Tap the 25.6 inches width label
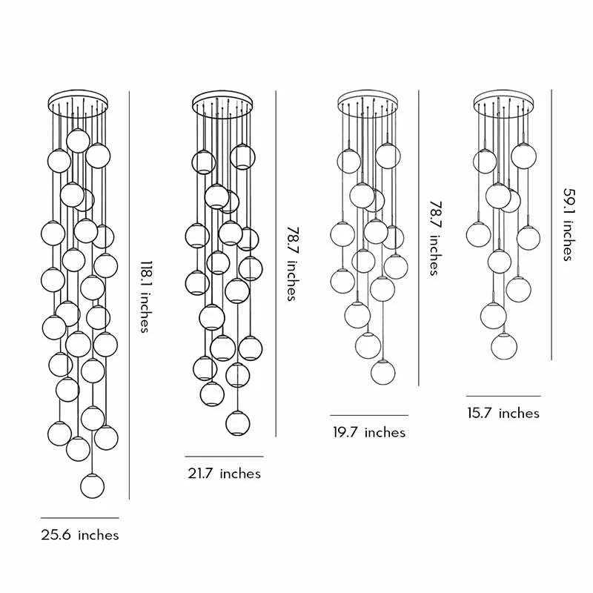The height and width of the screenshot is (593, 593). click(79, 534)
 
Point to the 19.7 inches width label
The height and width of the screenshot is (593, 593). click(368, 431)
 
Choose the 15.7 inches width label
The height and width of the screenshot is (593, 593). click(503, 413)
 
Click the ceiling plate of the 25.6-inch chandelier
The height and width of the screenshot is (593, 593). click(78, 100)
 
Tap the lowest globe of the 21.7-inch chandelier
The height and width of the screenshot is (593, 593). click(236, 423)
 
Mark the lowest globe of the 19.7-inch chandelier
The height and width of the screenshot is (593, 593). click(382, 371)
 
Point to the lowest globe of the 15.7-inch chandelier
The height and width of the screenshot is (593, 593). click(505, 345)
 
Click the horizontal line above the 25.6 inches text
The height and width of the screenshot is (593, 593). click(79, 517)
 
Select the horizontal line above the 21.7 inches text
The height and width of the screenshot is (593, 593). click(224, 456)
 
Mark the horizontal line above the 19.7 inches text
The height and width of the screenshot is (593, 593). click(368, 415)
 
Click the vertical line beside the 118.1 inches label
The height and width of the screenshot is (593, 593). click(130, 296)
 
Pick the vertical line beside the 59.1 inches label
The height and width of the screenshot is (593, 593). click(551, 222)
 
